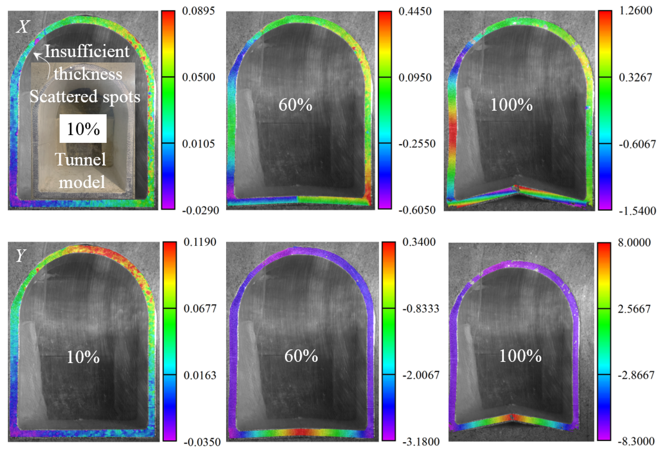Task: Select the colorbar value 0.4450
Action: pyautogui.click(x=415, y=11)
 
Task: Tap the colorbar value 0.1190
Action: pyautogui.click(x=200, y=242)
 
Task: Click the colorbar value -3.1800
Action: pyautogui.click(x=421, y=442)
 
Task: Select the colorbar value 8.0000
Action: pyautogui.click(x=634, y=243)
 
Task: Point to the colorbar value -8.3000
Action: pyautogui.click(x=636, y=442)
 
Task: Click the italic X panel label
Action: pyautogui.click(x=23, y=27)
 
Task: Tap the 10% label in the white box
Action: pyautogui.click(x=83, y=129)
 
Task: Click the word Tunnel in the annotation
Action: pyautogui.click(x=81, y=159)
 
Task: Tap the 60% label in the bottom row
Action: pyautogui.click(x=301, y=356)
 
